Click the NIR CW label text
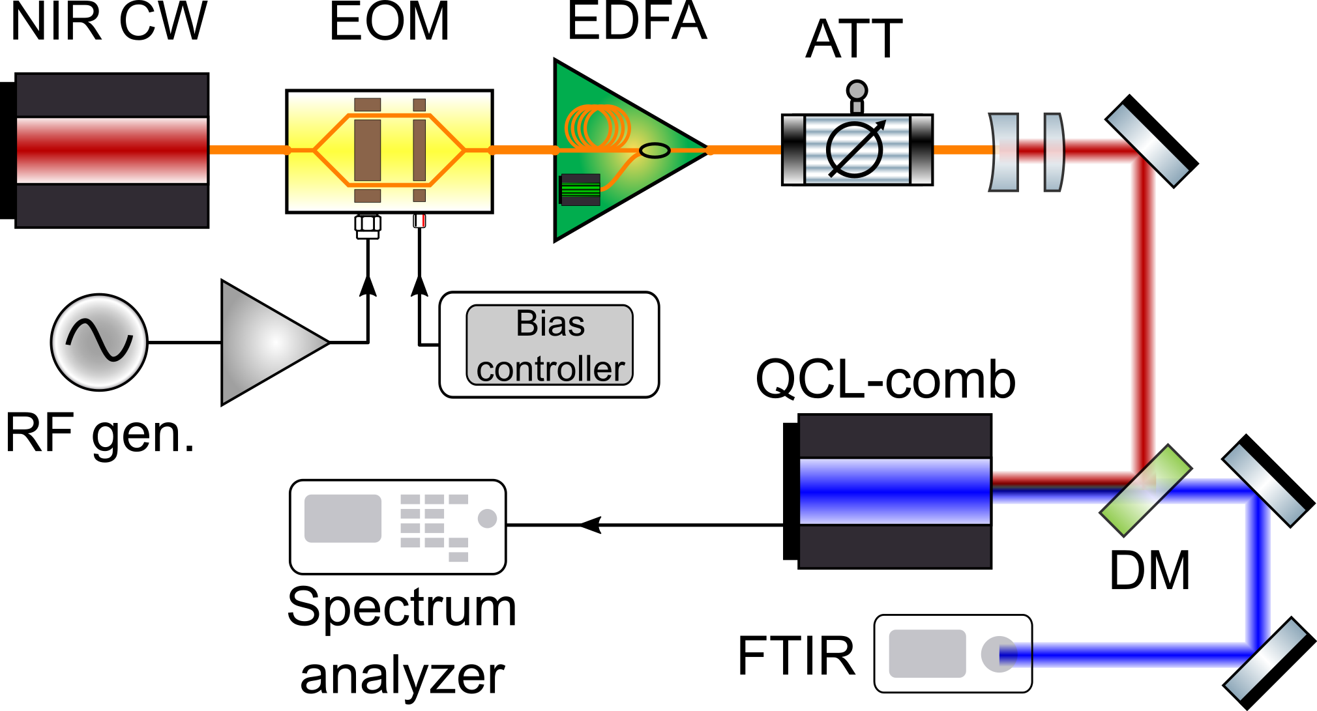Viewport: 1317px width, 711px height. [108, 22]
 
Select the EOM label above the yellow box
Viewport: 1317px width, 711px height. [389, 22]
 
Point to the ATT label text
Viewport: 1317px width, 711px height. [854, 40]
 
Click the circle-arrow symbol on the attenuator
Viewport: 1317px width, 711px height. [855, 149]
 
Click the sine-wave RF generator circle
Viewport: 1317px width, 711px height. [99, 342]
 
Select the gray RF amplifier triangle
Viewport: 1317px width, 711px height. [267, 342]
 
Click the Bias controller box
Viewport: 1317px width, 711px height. [549, 345]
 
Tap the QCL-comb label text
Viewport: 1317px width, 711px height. [885, 379]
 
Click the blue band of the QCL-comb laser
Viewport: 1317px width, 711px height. [895, 491]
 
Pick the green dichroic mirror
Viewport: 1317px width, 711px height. [1146, 491]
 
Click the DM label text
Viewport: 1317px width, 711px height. [1149, 571]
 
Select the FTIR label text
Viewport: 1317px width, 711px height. [796, 656]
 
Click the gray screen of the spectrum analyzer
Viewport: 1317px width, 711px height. [343, 519]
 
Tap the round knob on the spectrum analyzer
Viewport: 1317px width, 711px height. [487, 519]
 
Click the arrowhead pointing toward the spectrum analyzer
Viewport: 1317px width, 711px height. [590, 525]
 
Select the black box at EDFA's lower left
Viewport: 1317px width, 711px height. [580, 190]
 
